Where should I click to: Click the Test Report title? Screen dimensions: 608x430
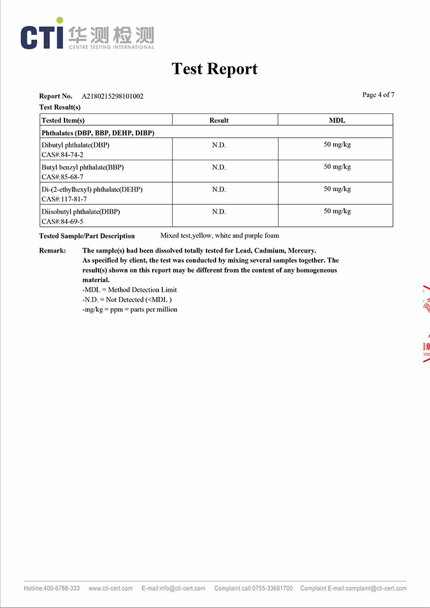(x=214, y=69)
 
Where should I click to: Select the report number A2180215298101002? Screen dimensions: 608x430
(x=112, y=96)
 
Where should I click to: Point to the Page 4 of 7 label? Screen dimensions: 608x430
(x=378, y=95)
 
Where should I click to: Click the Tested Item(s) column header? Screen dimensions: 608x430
(x=63, y=120)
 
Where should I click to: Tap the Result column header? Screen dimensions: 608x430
(x=219, y=120)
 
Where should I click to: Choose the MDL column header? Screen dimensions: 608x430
(x=337, y=120)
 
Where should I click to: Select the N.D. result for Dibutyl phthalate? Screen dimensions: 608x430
(x=219, y=145)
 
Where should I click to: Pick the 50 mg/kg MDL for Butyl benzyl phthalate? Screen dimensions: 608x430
(x=337, y=167)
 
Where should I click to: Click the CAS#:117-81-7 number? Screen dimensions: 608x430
(x=64, y=199)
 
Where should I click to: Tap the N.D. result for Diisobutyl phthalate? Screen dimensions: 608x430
(x=219, y=212)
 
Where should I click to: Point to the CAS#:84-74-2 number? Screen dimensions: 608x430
(x=62, y=155)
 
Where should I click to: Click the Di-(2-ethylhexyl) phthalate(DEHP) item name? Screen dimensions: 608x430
(x=92, y=189)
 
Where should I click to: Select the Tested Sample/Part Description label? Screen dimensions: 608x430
(x=87, y=236)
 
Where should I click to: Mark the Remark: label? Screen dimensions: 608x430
(x=53, y=251)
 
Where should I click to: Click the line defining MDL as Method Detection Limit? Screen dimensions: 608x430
(x=130, y=290)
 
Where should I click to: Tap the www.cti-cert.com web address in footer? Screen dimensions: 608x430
(x=111, y=588)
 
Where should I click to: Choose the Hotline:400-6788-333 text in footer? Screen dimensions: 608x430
(x=52, y=588)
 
